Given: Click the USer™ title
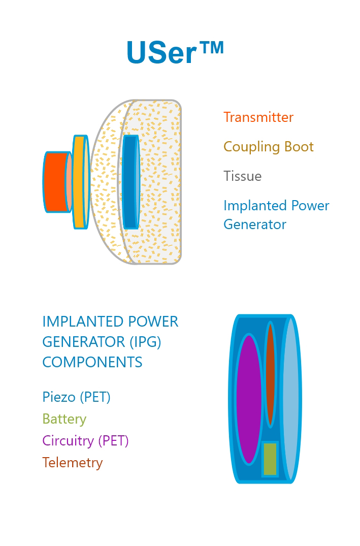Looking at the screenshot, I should point(174,52).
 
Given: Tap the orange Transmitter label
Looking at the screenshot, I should point(258,117).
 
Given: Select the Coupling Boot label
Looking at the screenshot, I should point(268,147).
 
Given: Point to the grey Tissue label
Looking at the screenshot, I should point(242,176).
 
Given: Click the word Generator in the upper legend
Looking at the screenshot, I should point(254,224).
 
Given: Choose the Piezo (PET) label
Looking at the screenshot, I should point(76,397).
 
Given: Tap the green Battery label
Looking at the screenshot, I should point(64,419).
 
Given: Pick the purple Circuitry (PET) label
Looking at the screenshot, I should point(85,441).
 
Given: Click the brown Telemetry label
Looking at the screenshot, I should point(72,463).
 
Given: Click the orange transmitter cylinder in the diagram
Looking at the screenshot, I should point(55,182).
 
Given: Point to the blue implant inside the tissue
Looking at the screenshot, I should point(130,182).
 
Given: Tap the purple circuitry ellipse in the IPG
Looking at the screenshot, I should point(248,399).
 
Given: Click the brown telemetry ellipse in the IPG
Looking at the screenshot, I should point(270,375).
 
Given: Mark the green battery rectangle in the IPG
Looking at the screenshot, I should point(270,459).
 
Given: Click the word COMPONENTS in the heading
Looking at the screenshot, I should point(92,362).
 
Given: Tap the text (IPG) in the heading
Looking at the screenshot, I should point(145,342).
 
